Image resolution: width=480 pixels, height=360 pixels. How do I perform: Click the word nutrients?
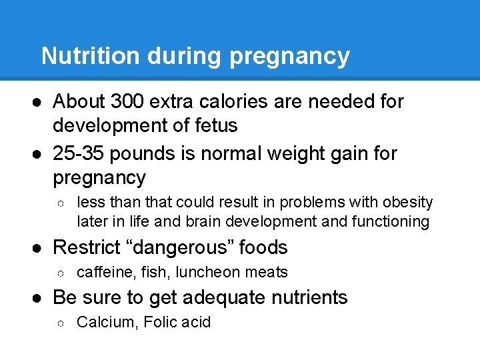click(x=309, y=297)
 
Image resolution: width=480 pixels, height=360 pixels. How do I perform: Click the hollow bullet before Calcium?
click(x=61, y=323)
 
